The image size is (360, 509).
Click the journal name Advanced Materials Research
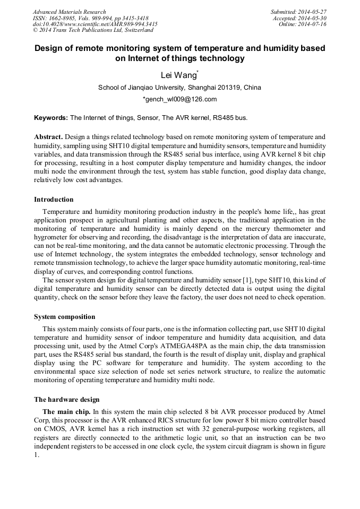coord(69,12)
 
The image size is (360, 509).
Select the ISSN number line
coord(90,18)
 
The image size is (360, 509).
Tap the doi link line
coord(95,24)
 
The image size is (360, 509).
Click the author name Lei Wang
coord(178,75)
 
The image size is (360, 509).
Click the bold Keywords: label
coord(51,117)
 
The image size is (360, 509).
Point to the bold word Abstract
coord(49,136)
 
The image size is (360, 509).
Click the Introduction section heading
coord(54,200)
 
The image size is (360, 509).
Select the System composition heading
coord(65,317)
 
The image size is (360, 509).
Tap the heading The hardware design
coord(66,400)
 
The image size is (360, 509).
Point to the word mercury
coord(255,229)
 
